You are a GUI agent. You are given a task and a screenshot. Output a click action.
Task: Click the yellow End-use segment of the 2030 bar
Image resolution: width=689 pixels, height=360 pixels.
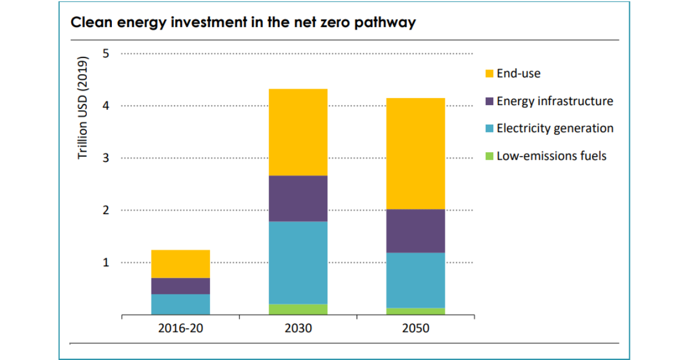coord(298,132)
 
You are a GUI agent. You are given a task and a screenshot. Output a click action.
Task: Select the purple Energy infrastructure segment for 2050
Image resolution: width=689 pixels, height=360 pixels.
coord(416,231)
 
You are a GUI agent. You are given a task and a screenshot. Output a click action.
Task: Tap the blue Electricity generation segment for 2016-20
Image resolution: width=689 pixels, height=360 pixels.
coord(180,304)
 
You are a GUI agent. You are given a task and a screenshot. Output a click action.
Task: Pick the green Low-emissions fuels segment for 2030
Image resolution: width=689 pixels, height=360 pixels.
coord(298,309)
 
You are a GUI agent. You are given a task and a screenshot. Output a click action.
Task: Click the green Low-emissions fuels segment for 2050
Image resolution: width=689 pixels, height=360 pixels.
coord(416,311)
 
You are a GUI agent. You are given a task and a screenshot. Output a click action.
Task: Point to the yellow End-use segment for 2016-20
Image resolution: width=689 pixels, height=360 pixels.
coord(180,264)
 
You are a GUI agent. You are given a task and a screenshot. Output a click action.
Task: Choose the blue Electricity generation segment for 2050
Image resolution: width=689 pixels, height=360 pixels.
coord(416,280)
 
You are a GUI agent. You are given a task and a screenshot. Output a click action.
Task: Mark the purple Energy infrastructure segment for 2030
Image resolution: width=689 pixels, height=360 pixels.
coord(298,198)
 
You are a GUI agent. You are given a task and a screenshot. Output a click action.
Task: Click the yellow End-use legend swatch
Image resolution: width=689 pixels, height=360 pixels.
coord(489,73)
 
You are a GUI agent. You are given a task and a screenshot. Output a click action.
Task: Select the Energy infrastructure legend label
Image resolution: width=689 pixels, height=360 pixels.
coord(555,101)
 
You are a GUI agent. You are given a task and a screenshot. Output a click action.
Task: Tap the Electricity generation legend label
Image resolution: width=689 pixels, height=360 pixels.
coord(555,128)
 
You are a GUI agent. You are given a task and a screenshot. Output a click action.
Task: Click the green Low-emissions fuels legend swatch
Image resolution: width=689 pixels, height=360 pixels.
coord(489,156)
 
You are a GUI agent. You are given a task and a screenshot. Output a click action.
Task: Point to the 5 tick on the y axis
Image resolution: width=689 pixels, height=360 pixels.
coord(106,53)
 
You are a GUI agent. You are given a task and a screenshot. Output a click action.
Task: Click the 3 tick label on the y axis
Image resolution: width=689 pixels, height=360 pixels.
coord(106,158)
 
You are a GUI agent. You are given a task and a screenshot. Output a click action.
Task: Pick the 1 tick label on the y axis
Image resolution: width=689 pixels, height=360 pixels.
coord(106,262)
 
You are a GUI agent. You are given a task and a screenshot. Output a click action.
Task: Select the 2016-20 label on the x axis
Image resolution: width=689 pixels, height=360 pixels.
coord(180,329)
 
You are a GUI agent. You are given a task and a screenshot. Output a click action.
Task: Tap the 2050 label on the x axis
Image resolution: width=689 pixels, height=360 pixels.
coord(416,329)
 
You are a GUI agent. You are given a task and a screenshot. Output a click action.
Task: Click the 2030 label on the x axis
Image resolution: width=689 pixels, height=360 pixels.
coord(298,329)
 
